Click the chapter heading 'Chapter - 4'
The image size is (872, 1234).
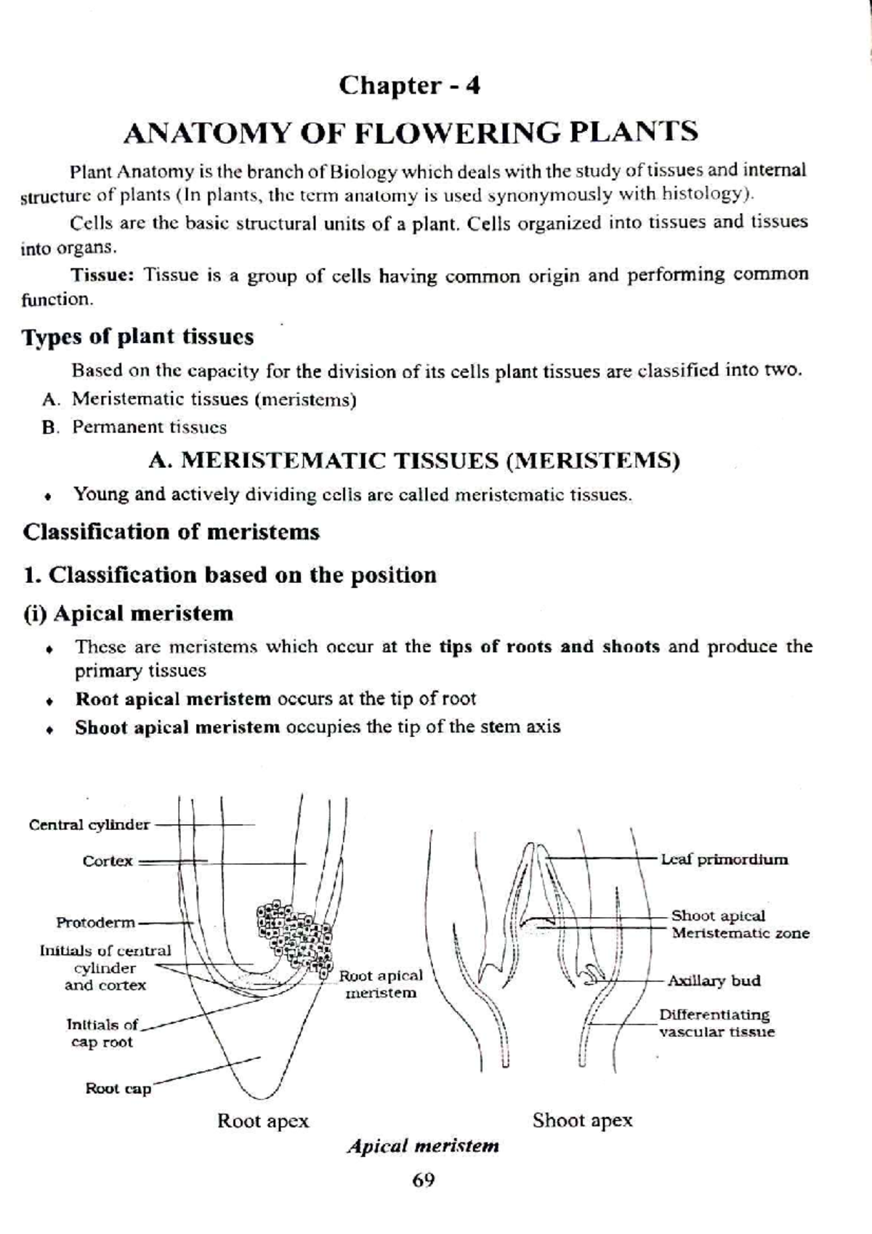tap(409, 86)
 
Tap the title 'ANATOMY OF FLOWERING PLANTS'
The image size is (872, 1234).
tap(411, 132)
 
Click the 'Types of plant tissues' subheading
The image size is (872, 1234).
tap(138, 336)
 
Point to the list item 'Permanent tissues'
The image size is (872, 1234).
tap(149, 427)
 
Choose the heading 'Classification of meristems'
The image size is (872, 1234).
tap(171, 532)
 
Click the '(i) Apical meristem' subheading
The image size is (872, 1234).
tap(129, 613)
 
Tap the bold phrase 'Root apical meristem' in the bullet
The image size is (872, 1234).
tap(173, 699)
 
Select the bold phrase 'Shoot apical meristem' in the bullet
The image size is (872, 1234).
tap(177, 727)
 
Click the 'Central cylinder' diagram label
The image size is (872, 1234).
tap(89, 825)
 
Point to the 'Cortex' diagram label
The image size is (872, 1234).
tap(108, 861)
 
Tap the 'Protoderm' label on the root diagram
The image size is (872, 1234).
tap(96, 923)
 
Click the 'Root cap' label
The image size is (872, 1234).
tap(118, 1089)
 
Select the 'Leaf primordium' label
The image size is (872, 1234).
tap(724, 860)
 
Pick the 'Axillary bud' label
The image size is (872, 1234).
tap(714, 980)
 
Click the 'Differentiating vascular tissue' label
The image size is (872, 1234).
tap(716, 1023)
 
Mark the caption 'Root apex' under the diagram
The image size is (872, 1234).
tap(263, 1121)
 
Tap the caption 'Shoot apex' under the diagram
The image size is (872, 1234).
tap(582, 1120)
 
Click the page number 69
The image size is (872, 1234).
tap(423, 1180)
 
